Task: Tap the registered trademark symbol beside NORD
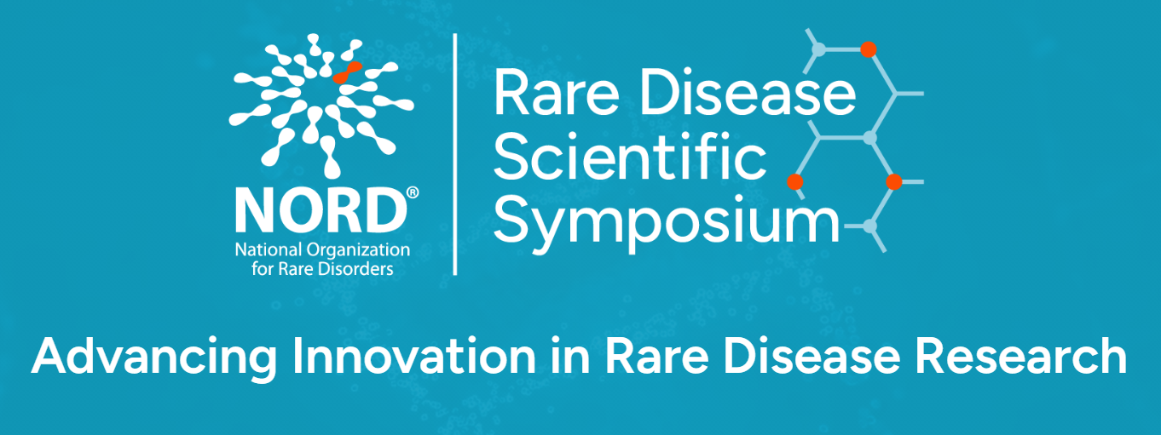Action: tap(413, 192)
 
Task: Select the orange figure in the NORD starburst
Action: tap(347, 73)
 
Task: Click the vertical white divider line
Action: tap(455, 154)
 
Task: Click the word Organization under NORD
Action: tap(358, 251)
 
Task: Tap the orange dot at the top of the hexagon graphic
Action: tap(868, 49)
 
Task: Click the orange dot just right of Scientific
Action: tap(794, 182)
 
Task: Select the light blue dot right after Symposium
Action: tap(869, 226)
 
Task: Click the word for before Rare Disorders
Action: tap(263, 269)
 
